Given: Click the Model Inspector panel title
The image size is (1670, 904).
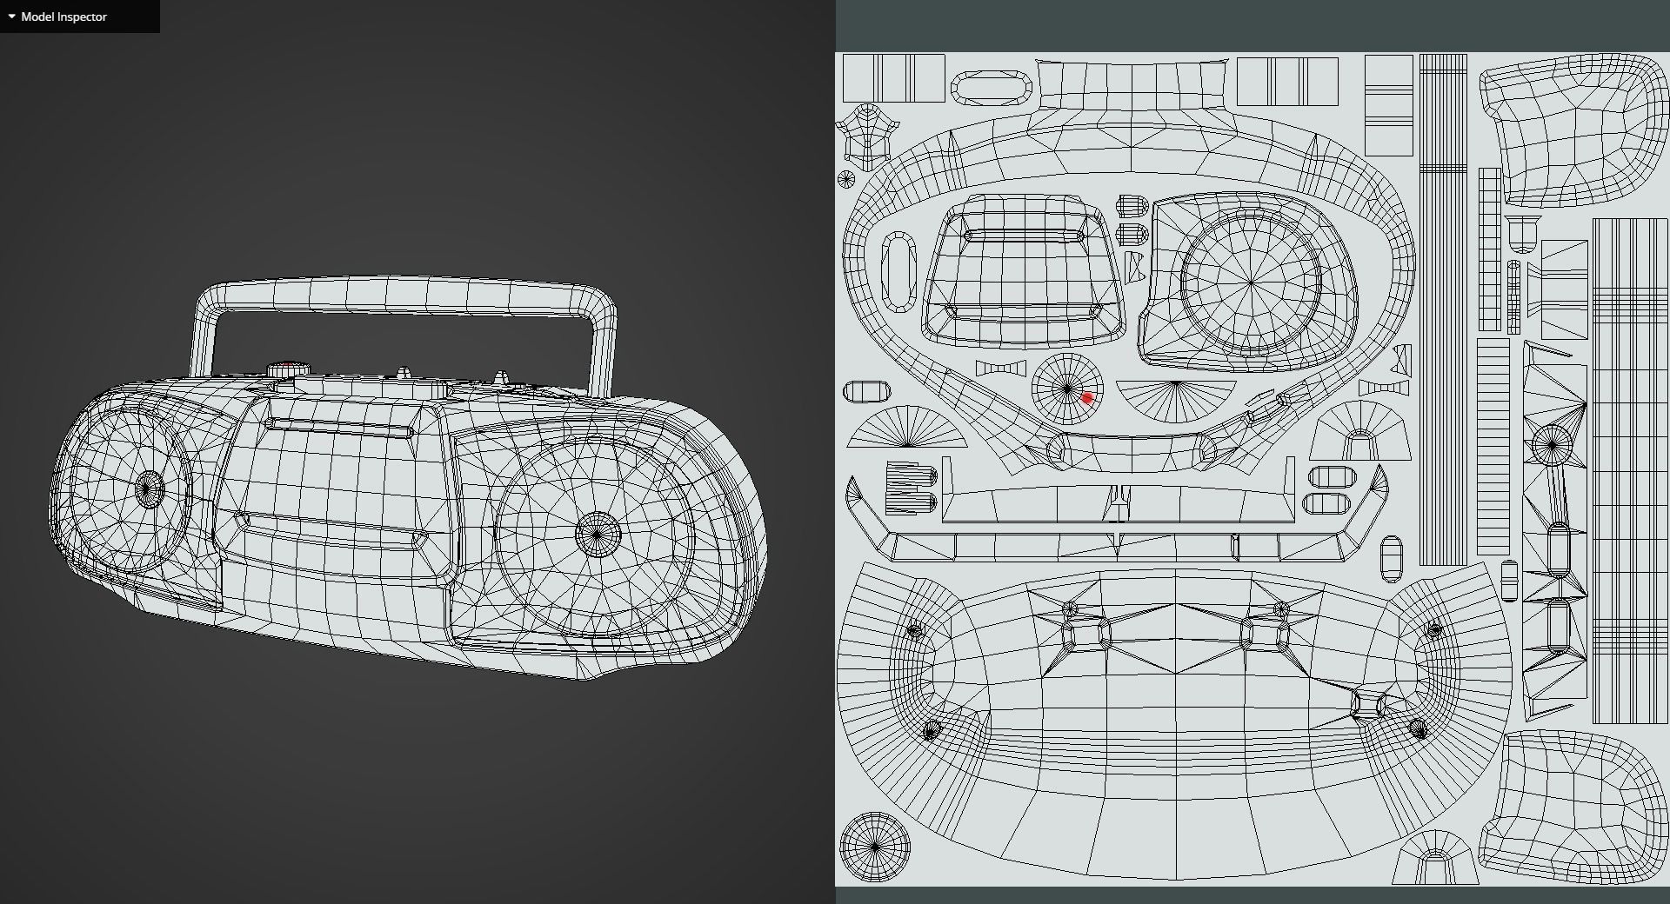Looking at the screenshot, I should click(63, 17).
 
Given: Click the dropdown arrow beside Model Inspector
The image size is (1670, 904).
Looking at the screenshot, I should click(11, 17).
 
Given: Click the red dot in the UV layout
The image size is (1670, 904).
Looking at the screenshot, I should click(1086, 398).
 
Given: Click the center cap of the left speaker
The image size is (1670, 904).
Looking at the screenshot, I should click(149, 489).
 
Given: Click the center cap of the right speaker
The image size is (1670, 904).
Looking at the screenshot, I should click(598, 533).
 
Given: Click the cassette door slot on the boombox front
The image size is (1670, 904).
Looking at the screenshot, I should click(339, 427).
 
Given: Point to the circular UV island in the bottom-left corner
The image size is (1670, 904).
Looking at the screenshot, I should click(874, 847).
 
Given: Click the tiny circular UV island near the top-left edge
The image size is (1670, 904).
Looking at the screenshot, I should click(845, 179).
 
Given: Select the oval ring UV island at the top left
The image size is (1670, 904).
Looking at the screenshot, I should click(991, 88).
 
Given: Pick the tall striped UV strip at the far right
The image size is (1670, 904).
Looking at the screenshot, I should click(1629, 469).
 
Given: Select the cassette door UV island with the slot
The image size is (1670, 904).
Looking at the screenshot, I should click(1022, 269).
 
